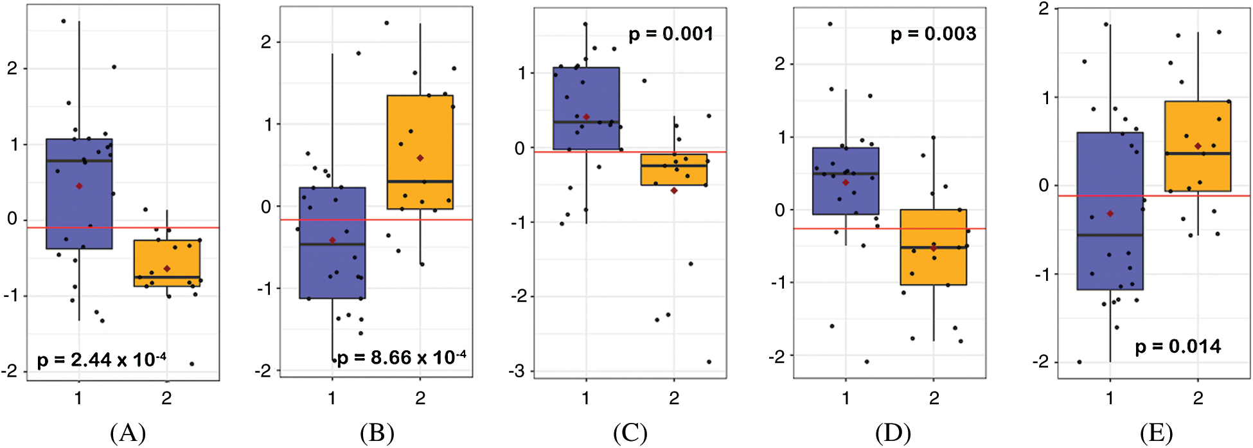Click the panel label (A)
pos(128,433)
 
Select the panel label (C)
pos(630,433)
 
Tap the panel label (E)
pos(1155,433)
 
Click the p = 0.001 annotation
pos(670,34)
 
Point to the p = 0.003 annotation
pos(933,34)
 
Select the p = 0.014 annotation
pos(1178,347)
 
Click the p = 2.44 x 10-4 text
pos(102,360)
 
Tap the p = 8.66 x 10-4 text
pos(402,357)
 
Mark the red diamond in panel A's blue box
pos(79,186)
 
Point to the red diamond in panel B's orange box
pos(420,157)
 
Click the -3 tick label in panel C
pos(519,371)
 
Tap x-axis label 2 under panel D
pos(934,399)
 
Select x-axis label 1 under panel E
pos(1110,399)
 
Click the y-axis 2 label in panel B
pos(265,42)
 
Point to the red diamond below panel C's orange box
pos(674,190)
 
